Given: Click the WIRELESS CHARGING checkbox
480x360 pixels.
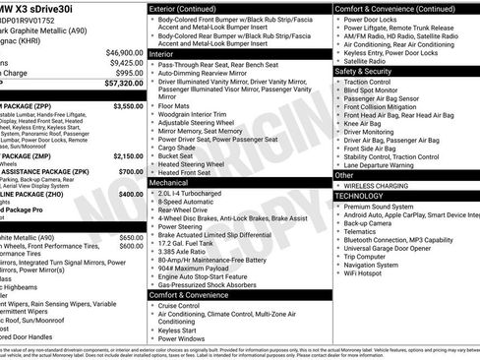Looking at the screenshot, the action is point(339,185).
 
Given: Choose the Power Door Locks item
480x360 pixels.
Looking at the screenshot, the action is point(375,19).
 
